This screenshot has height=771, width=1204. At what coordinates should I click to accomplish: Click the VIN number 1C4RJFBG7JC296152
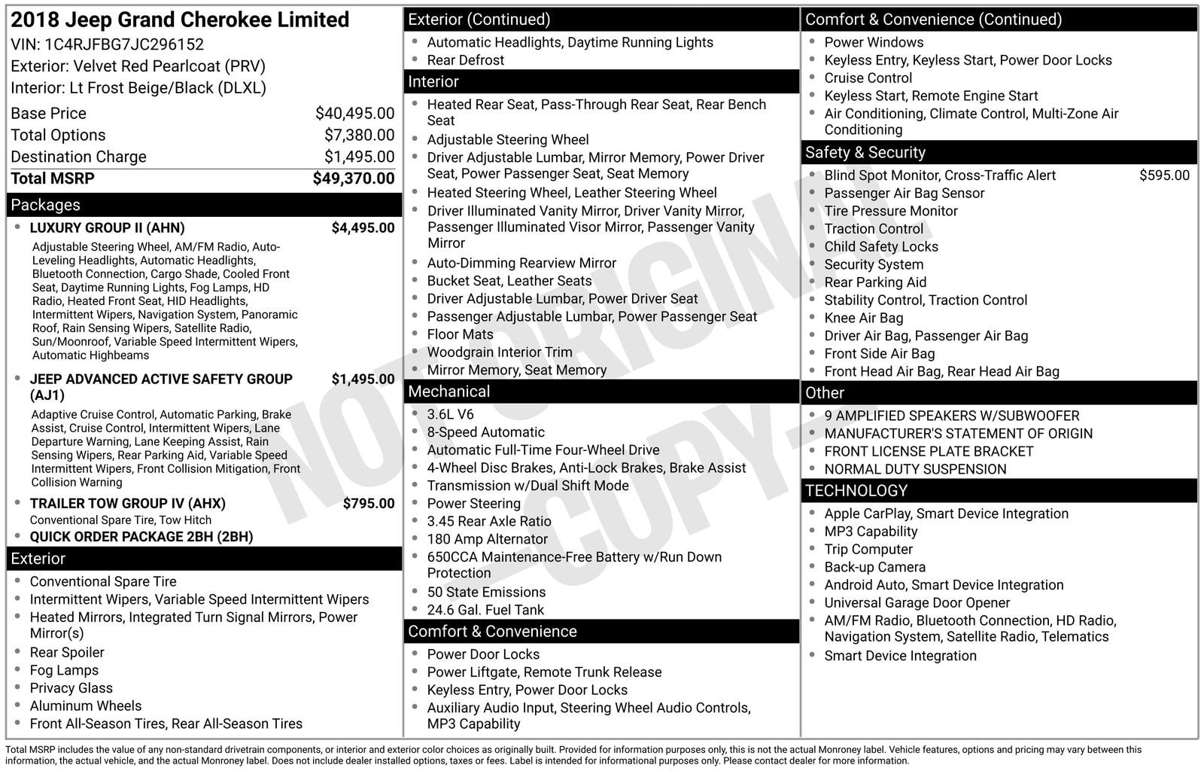click(x=124, y=44)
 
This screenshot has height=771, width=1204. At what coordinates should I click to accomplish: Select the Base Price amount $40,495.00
click(x=354, y=114)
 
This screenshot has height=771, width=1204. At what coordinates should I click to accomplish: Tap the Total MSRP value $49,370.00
click(x=353, y=178)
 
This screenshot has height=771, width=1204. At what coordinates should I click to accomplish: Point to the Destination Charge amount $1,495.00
click(x=359, y=157)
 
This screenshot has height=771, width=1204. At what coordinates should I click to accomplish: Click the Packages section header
click(x=45, y=205)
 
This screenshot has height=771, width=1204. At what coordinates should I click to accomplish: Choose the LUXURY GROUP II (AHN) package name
click(x=107, y=228)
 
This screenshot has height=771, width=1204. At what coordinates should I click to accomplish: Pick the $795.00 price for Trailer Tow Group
click(x=368, y=504)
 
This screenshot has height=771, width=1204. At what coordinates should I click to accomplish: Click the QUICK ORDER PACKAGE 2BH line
click(x=141, y=537)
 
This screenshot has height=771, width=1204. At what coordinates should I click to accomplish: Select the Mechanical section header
click(x=448, y=392)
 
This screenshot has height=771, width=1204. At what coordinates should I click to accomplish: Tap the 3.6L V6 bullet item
click(x=450, y=414)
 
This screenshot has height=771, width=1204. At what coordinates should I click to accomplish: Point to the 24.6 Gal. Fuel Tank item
click(x=485, y=610)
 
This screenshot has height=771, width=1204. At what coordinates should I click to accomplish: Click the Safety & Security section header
click(x=865, y=153)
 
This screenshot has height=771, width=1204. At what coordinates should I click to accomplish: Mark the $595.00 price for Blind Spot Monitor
click(x=1164, y=175)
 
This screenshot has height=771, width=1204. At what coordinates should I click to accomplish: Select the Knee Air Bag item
click(x=863, y=318)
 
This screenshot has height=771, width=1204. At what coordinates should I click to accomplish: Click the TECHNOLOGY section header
click(x=856, y=491)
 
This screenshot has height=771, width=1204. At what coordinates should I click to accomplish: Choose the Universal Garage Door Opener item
click(x=917, y=603)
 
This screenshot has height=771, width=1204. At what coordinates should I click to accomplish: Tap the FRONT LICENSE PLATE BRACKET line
click(x=929, y=451)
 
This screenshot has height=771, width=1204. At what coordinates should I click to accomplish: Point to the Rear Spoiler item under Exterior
click(x=67, y=653)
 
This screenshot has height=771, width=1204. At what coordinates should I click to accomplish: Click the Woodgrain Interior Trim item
click(x=500, y=352)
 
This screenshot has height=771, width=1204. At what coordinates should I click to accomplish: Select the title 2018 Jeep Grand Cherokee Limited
click(x=180, y=20)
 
